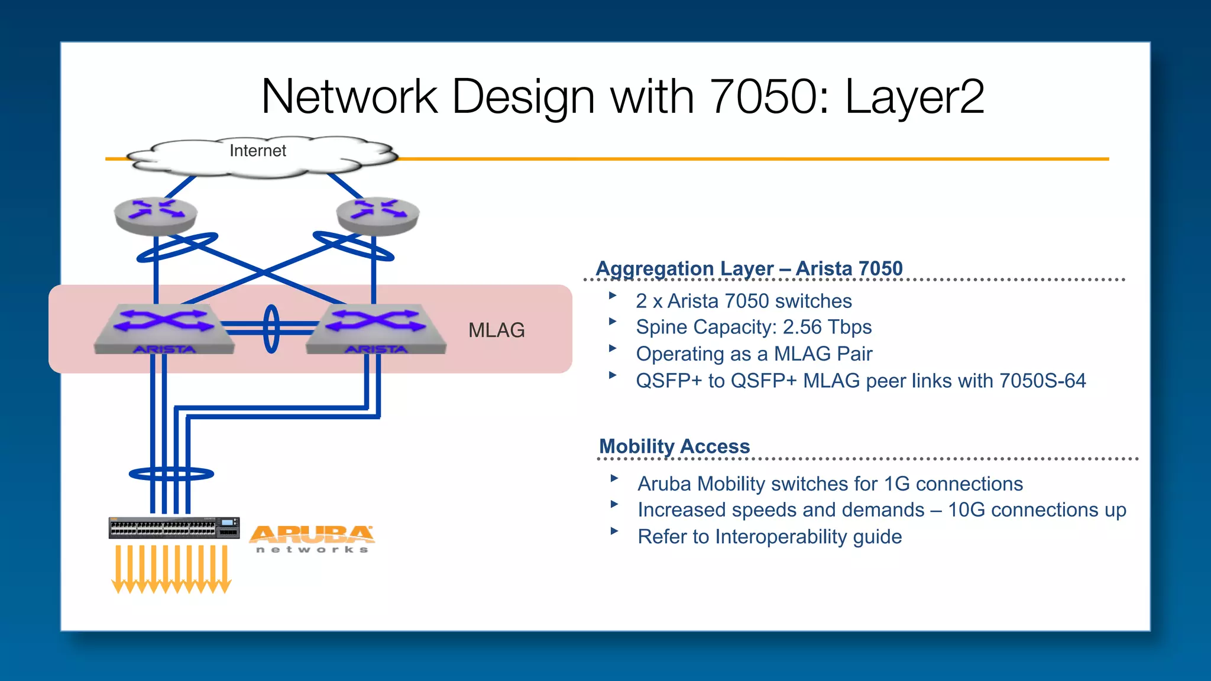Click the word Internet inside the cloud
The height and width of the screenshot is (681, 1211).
point(257,151)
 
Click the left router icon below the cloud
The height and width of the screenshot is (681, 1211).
point(156,215)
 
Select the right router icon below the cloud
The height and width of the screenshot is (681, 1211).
point(378,215)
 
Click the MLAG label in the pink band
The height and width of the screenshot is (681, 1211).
point(496,330)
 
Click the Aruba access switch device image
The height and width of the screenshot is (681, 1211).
point(174,528)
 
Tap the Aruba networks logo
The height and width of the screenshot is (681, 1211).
point(312,539)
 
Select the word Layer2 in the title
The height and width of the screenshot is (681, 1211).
point(914,97)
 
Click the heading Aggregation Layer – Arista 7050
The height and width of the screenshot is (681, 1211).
point(749,268)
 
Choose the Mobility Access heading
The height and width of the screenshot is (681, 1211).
point(674,446)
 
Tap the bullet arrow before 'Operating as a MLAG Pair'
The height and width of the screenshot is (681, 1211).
point(613,349)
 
